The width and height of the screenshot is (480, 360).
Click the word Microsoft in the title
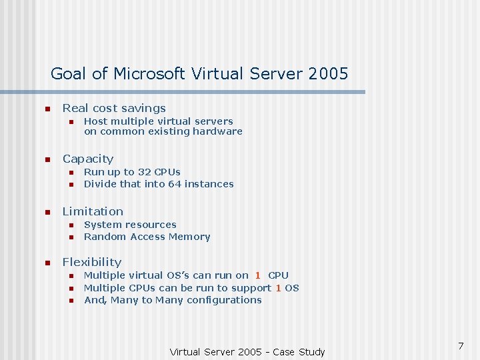(150, 74)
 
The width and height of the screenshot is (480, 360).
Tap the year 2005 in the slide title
(328, 74)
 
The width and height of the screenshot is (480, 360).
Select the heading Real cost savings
(114, 108)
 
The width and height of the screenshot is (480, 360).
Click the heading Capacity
(88, 159)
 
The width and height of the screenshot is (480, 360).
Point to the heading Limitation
(93, 211)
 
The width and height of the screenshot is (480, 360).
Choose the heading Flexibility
(92, 262)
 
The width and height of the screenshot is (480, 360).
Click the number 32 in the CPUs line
(144, 172)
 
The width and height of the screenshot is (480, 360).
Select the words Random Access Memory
(147, 237)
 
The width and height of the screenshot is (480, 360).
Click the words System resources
(130, 225)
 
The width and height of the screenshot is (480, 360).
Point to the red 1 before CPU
(257, 275)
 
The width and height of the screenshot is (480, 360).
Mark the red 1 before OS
(278, 288)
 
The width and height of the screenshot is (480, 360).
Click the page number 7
(461, 346)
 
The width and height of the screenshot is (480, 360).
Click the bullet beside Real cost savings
(47, 109)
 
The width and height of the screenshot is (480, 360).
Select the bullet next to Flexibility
(47, 263)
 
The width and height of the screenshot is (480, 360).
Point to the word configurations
(225, 300)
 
